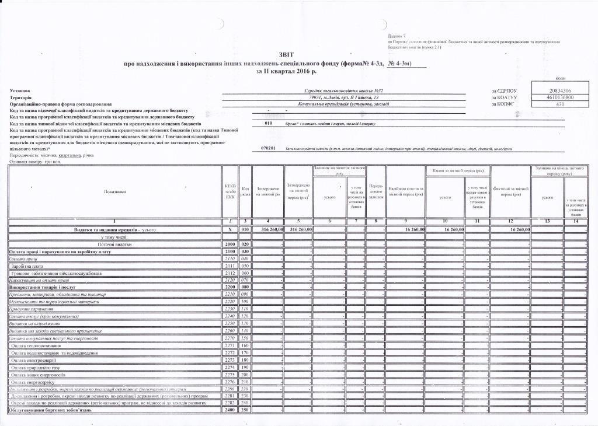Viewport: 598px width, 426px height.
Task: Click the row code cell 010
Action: coord(245,230)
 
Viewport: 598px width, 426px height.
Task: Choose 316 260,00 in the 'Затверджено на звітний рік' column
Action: coord(267,230)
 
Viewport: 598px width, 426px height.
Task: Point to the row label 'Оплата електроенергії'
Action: coord(35,359)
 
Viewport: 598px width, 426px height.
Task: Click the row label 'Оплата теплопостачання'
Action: coord(36,345)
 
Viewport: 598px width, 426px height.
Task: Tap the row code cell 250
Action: coord(245,410)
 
